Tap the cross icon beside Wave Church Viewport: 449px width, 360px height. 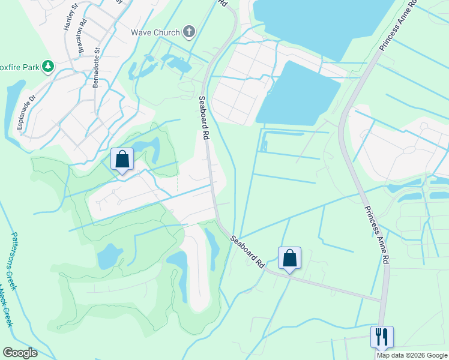tap(188, 31)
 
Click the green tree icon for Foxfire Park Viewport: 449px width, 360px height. tap(47, 66)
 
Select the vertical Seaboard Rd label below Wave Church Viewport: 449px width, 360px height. tap(203, 118)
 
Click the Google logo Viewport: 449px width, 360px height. tap(20, 353)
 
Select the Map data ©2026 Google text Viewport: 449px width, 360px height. tap(412, 355)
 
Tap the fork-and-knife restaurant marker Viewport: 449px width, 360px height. tap(382, 336)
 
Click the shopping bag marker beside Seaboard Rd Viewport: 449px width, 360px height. tap(289, 258)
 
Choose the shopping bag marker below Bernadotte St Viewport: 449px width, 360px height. tap(122, 160)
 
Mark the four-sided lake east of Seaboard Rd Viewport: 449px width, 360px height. tap(297, 93)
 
